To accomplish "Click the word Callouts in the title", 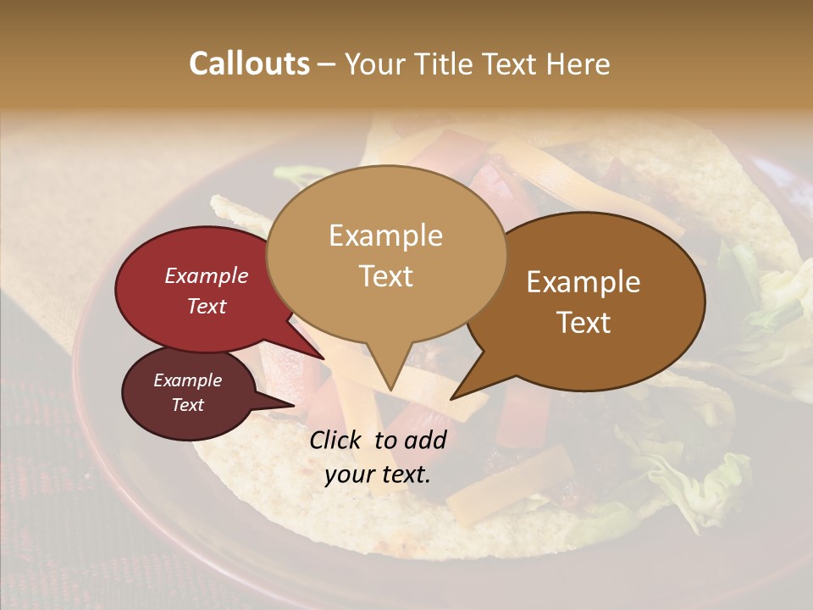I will pos(249,64).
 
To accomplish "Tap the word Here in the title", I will pos(579,64).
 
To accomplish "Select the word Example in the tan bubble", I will pos(385,236).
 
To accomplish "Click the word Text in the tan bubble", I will pos(385,276).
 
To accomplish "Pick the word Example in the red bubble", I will pos(206,275).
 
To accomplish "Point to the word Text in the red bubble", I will pos(206,306).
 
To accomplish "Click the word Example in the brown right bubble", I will pos(583,282).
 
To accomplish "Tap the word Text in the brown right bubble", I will pos(583,323).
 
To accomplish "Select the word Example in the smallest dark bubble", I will pos(187,380).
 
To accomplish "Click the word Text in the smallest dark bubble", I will pos(187,405).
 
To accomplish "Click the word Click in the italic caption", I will pos(337,440).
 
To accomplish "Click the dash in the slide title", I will pos(326,64).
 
